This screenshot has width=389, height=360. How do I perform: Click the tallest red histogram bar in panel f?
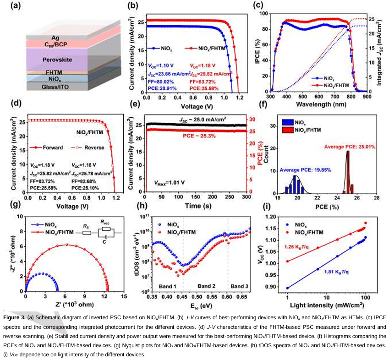(x=348, y=171)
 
